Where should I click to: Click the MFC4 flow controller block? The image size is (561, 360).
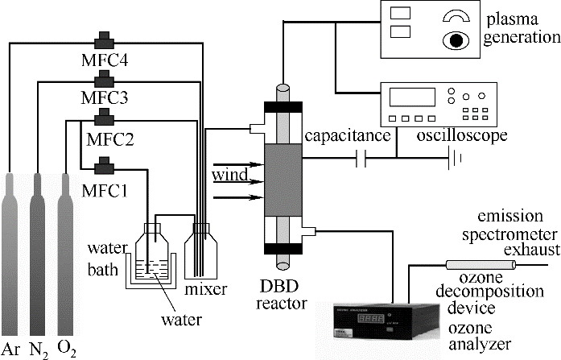click(104, 40)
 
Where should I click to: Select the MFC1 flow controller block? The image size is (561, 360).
click(104, 166)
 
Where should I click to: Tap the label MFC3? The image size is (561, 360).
click(105, 97)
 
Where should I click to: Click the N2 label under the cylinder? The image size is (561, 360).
click(39, 350)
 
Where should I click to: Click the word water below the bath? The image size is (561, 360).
click(181, 320)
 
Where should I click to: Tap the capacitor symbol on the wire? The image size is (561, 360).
click(361, 158)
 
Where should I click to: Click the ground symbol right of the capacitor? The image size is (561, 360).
click(455, 158)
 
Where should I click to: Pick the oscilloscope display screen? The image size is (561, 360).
click(412, 97)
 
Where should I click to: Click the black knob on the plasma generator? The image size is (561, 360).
click(456, 40)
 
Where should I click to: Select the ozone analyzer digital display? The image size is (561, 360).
click(371, 318)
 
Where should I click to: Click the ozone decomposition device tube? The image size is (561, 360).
click(481, 265)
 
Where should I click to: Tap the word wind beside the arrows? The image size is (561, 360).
click(229, 175)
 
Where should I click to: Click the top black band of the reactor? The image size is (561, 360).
click(283, 107)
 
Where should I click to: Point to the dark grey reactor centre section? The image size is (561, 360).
click(283, 180)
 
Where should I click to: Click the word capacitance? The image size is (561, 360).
click(348, 136)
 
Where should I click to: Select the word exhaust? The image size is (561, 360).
click(532, 249)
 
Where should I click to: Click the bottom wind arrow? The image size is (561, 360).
click(238, 197)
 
